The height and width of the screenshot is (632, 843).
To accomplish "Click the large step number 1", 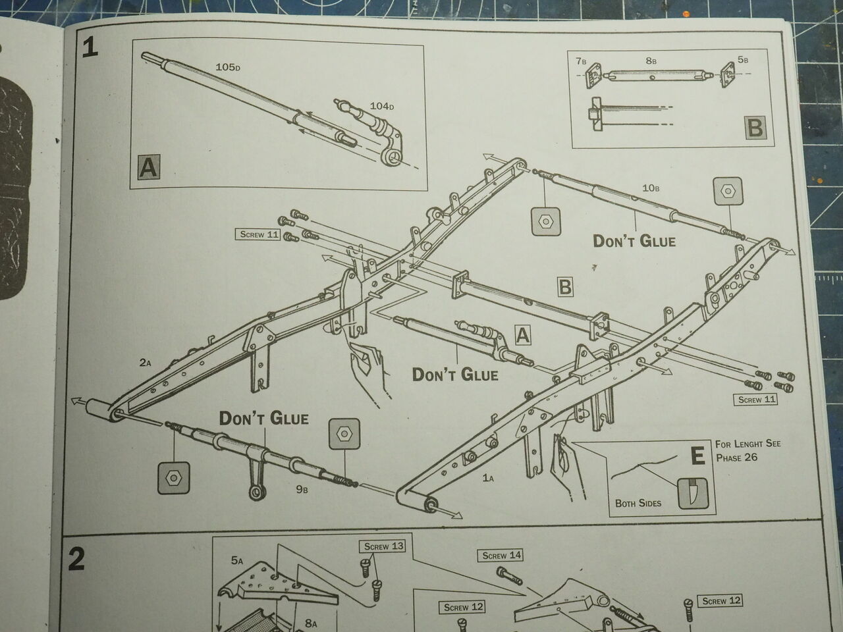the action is (x=90, y=47).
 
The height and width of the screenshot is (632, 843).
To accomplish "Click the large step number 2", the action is (x=77, y=559).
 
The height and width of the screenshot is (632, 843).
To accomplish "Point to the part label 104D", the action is (x=381, y=106).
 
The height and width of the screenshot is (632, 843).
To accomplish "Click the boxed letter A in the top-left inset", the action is (x=149, y=167).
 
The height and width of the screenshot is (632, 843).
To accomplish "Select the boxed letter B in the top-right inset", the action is (x=755, y=127).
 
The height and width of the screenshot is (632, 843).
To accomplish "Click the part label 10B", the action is (x=651, y=188).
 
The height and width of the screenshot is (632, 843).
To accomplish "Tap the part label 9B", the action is (x=302, y=488).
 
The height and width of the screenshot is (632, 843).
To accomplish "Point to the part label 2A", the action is (x=145, y=362).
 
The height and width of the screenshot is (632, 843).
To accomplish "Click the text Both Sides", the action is (x=638, y=503).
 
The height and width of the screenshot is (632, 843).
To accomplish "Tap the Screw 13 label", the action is (x=383, y=546).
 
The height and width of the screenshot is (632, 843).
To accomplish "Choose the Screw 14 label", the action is (x=501, y=556).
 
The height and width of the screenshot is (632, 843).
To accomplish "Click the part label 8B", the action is (x=651, y=61).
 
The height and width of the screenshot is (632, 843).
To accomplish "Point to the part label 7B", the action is (x=580, y=61).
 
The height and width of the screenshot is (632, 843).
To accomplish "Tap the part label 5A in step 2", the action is (x=237, y=561).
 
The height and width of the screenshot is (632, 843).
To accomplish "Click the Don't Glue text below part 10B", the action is (x=634, y=240).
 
